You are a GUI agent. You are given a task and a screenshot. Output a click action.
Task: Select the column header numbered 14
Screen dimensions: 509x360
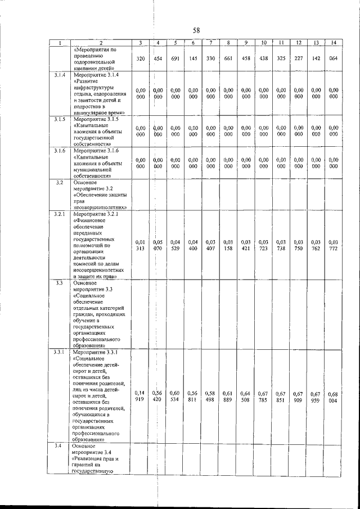point(334,43)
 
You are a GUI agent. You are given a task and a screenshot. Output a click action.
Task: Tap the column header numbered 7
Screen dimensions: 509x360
point(210,43)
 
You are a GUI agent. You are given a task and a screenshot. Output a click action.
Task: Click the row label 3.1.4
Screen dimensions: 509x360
point(60,75)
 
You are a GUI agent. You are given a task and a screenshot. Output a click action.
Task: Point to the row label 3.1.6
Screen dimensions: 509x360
point(60,151)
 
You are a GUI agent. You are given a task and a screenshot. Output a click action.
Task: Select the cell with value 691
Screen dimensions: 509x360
point(175,58)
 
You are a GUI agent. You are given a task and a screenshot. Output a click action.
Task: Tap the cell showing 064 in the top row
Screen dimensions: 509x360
point(334,58)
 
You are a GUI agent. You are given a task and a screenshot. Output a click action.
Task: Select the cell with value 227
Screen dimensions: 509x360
point(299,58)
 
